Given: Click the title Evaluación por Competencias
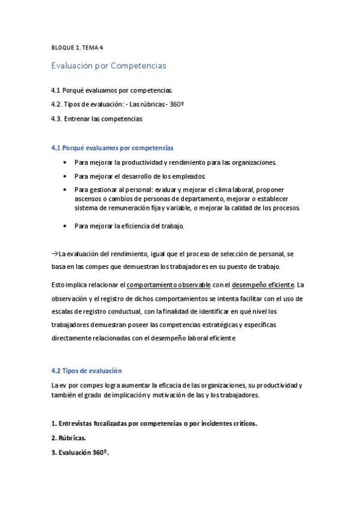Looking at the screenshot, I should pyautogui.click(x=108, y=65).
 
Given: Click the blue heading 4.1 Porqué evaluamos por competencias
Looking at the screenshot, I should pyautogui.click(x=112, y=147).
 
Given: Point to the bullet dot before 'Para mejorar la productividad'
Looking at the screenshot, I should pyautogui.click(x=64, y=162).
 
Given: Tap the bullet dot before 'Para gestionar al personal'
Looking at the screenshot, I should pyautogui.click(x=64, y=189).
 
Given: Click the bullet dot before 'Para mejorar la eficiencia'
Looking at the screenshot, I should pyautogui.click(x=64, y=226).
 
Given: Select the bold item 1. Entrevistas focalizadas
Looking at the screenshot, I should pyautogui.click(x=155, y=423).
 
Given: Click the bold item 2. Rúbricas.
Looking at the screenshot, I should pyautogui.click(x=70, y=437).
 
